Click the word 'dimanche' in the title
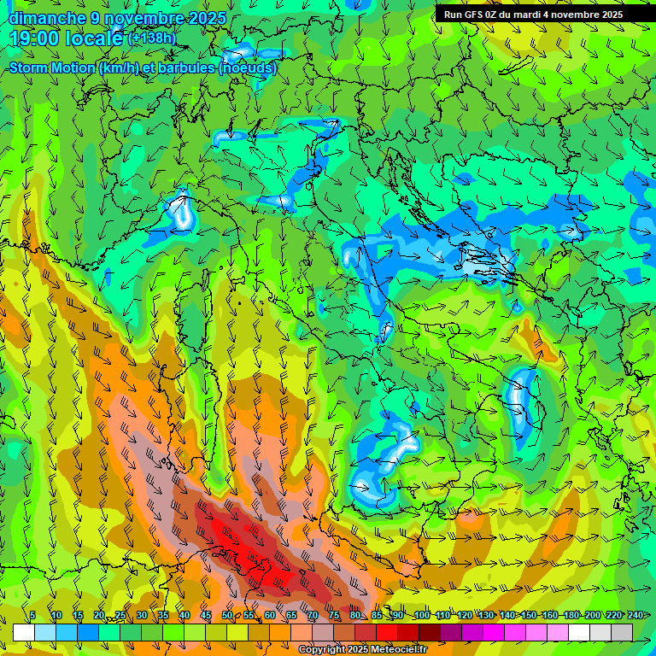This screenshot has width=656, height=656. pos(47,18)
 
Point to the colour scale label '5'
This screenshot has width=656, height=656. pos(32,615)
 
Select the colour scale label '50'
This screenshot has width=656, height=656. pos(227,615)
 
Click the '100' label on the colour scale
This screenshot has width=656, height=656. pos(422,615)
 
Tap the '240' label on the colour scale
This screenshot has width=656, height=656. pos(635,615)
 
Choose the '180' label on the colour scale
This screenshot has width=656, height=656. pos(571,615)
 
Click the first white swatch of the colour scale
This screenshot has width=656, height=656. pos(24,632)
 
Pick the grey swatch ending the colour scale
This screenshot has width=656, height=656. pos(622,632)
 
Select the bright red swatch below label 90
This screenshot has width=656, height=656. pos(387,632)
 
